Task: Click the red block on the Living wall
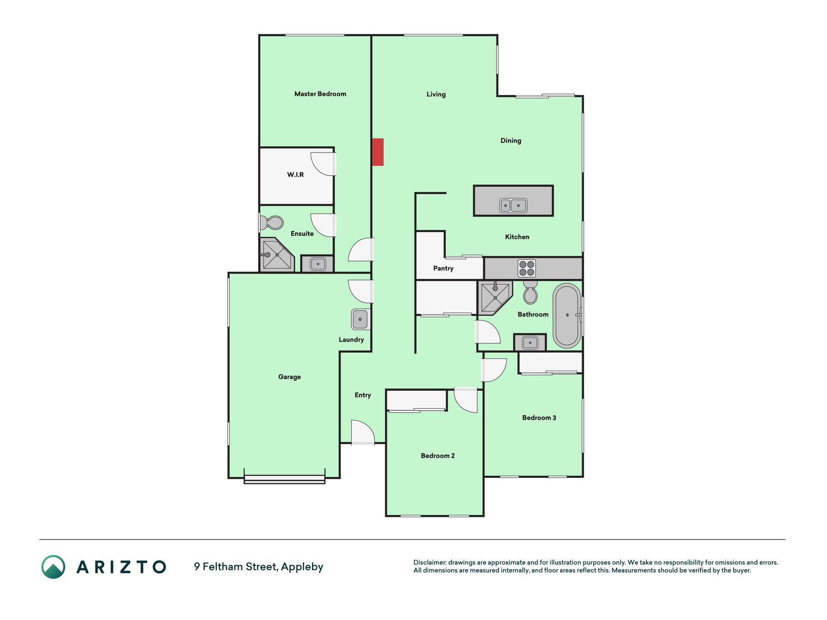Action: (x=378, y=152)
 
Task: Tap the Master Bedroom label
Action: (x=320, y=94)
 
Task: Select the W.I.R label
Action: (x=296, y=174)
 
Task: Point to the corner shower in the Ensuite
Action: (x=277, y=254)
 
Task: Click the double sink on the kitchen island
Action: (x=513, y=205)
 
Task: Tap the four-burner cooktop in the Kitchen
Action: (x=527, y=268)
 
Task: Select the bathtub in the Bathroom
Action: (x=567, y=315)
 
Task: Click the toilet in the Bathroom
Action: (x=531, y=292)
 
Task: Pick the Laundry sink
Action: (x=360, y=320)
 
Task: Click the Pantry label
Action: (x=443, y=268)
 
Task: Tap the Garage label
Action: (x=290, y=377)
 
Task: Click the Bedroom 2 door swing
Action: (x=466, y=400)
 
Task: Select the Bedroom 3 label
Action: (x=539, y=418)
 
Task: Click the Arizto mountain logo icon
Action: (x=53, y=567)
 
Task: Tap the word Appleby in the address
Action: (x=302, y=567)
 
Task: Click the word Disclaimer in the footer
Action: (x=430, y=562)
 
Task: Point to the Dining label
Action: (x=511, y=140)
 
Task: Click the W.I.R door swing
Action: (x=323, y=164)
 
